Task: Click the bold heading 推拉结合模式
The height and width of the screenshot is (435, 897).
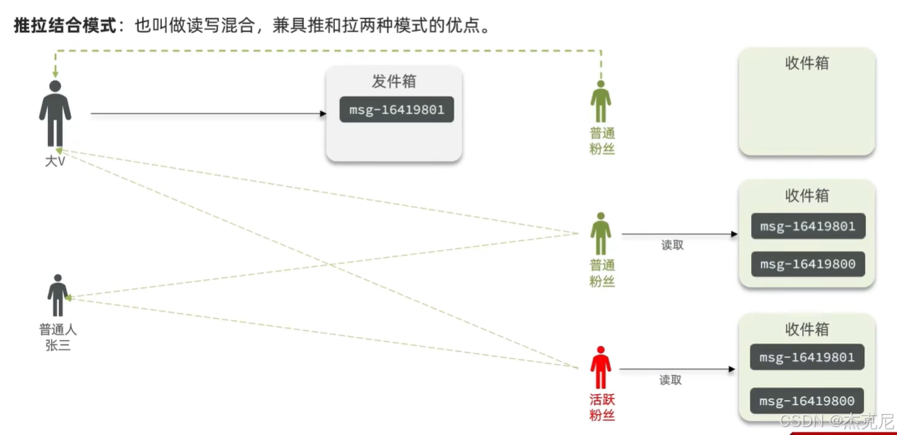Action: [x=65, y=26]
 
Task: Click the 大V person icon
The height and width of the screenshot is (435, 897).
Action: [x=55, y=113]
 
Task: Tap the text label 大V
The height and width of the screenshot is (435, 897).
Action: [x=55, y=162]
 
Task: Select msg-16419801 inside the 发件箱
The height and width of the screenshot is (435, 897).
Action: [x=397, y=110]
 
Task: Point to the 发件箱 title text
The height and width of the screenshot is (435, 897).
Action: [x=394, y=81]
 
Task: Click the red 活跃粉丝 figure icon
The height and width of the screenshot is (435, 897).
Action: [x=600, y=368]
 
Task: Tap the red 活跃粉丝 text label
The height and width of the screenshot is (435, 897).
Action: [x=602, y=407]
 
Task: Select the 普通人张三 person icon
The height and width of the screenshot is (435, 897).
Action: [x=57, y=295]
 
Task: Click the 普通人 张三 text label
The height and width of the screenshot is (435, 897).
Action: [x=57, y=337]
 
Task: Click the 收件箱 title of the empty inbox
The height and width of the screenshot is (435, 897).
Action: [x=806, y=63]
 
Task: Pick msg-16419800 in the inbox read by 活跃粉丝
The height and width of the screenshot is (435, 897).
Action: [x=807, y=401]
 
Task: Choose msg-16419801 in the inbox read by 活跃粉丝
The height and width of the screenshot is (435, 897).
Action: [x=807, y=357]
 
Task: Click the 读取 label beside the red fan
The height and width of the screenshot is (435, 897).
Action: [x=671, y=380]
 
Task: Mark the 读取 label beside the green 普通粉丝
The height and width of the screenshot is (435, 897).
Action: [x=673, y=245]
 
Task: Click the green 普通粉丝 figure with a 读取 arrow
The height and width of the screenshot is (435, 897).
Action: [x=601, y=233]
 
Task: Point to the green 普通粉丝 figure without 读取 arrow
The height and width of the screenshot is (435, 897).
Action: [x=601, y=101]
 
